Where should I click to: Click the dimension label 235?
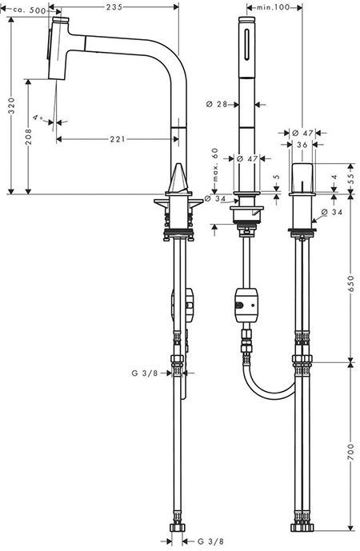(x=118, y=7)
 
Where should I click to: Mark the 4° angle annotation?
(x=38, y=118)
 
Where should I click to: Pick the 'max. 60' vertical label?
(x=215, y=163)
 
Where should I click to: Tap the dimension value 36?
(x=301, y=145)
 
